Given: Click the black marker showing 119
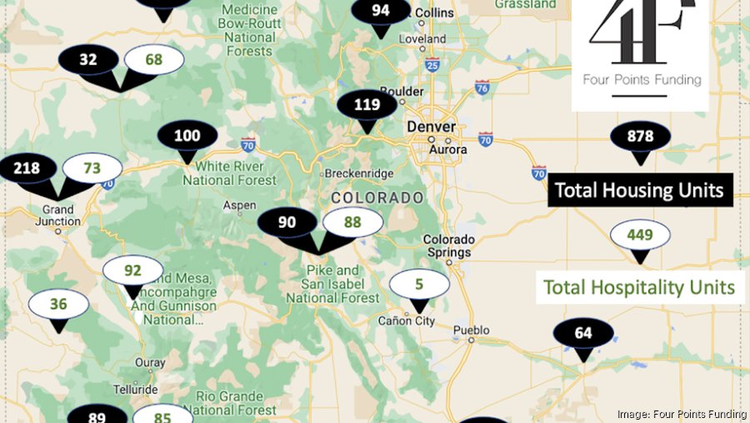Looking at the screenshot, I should pyautogui.click(x=367, y=106).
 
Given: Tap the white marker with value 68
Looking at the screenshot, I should pyautogui.click(x=154, y=59).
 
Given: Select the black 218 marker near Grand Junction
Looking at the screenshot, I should pyautogui.click(x=27, y=169).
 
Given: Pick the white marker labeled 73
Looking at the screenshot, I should pyautogui.click(x=92, y=169).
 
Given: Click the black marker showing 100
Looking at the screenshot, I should pyautogui.click(x=187, y=136).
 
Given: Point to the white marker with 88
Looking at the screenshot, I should pyautogui.click(x=352, y=222).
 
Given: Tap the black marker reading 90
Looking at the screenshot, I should pyautogui.click(x=287, y=222).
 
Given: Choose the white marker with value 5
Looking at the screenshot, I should pyautogui.click(x=419, y=285).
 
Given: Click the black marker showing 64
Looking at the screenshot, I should pyautogui.click(x=583, y=334).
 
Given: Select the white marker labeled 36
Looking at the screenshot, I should pyautogui.click(x=57, y=305).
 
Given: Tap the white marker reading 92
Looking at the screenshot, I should pyautogui.click(x=132, y=270).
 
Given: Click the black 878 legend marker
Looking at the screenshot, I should pyautogui.click(x=640, y=137).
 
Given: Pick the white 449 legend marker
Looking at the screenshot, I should pyautogui.click(x=640, y=235).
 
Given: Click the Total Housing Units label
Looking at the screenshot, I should pyautogui.click(x=639, y=190).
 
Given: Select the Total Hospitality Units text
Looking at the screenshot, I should pyautogui.click(x=639, y=288).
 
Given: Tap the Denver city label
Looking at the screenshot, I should pyautogui.click(x=431, y=127).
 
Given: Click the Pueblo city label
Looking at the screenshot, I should pyautogui.click(x=471, y=330).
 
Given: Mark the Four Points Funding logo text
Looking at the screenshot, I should pyautogui.click(x=640, y=81).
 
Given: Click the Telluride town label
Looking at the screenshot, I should pyautogui.click(x=137, y=390).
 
